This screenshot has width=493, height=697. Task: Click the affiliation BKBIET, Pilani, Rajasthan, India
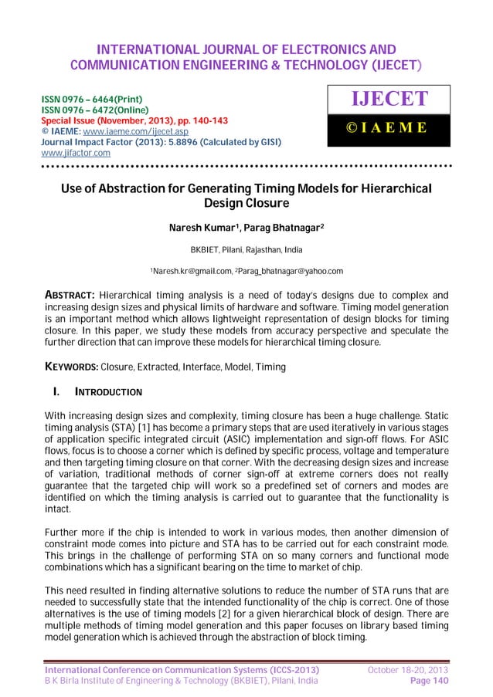[x=246, y=250]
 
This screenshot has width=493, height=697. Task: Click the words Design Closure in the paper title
[x=246, y=204]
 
